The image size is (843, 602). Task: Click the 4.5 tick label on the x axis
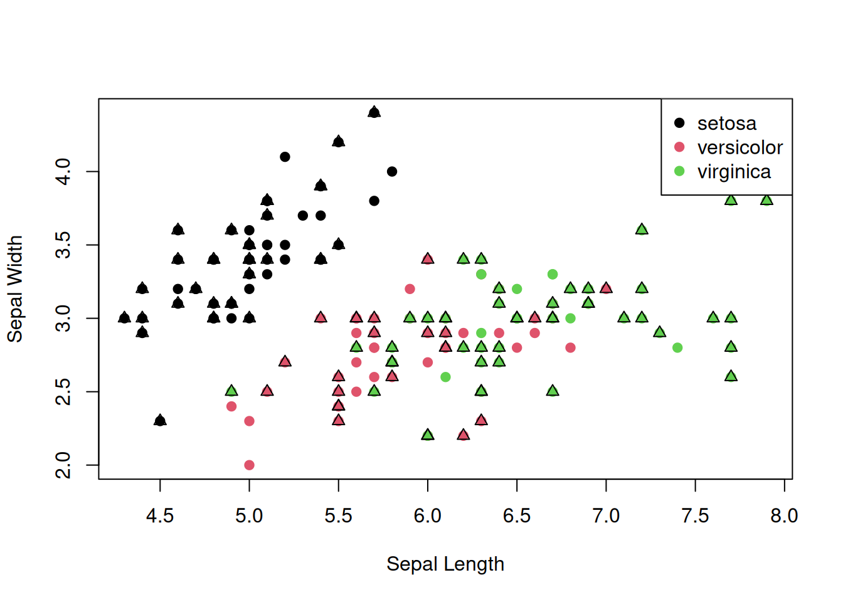160,516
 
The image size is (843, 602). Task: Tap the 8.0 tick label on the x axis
784,516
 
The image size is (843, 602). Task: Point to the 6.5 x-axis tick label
516,516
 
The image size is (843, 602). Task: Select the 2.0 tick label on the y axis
63,465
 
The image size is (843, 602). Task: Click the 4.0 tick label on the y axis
63,171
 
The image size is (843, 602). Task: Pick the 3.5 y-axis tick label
63,245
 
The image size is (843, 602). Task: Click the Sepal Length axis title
445,564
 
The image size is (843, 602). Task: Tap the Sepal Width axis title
15,289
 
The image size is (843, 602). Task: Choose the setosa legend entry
727,124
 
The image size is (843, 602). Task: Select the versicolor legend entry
740,147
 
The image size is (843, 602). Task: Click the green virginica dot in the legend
679,171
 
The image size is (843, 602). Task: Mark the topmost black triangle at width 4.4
374,112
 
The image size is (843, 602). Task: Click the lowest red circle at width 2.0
249,465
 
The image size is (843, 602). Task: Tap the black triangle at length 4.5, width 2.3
160,420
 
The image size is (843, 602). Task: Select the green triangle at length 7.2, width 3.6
642,230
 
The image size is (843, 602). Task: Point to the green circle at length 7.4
677,347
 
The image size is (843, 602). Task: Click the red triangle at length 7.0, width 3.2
606,288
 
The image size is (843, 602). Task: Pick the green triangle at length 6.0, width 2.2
428,435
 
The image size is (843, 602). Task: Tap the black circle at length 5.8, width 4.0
392,171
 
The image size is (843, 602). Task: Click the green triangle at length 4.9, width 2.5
231,391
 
